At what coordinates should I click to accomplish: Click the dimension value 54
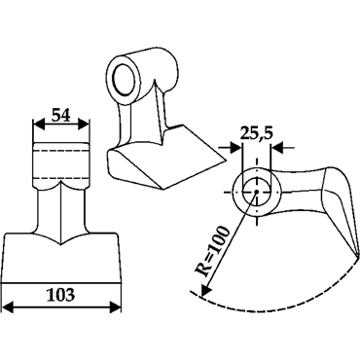point(60,115)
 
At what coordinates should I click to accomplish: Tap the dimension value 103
point(60,295)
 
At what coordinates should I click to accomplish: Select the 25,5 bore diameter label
point(257,133)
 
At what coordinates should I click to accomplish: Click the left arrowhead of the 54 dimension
point(39,124)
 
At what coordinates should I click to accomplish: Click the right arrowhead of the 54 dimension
point(83,124)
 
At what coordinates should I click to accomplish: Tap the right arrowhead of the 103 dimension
point(115,306)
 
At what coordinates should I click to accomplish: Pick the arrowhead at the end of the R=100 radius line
point(204,290)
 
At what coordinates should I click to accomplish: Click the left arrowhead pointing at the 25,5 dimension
point(235,148)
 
